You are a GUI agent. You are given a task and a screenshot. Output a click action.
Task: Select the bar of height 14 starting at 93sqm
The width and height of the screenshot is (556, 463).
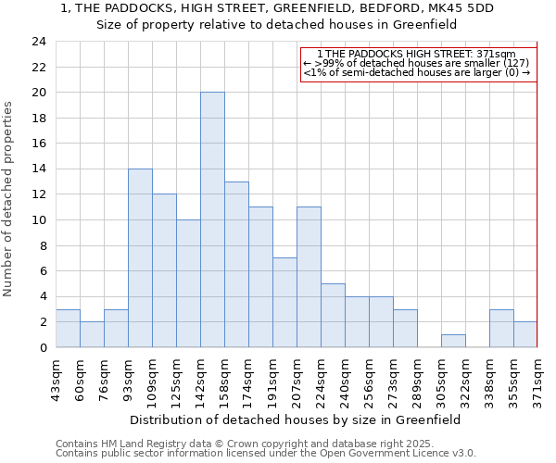[x=140, y=258]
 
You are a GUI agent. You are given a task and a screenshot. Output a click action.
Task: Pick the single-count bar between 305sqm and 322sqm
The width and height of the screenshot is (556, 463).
[x=453, y=341]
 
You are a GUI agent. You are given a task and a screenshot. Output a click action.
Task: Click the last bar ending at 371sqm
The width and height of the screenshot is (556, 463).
[x=525, y=334]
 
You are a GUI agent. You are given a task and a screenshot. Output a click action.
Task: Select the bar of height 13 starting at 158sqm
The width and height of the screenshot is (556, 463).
[x=236, y=265]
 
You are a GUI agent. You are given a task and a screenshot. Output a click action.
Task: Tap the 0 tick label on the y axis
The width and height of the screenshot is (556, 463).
[x=43, y=348]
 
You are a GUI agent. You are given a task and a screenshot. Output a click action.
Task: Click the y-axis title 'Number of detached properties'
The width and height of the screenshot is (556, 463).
[x=9, y=199]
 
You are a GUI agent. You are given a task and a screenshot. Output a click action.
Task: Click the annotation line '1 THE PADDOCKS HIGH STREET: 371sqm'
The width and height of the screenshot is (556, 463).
[x=418, y=55]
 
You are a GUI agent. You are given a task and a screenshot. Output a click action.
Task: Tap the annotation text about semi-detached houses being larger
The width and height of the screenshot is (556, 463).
[x=418, y=72]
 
